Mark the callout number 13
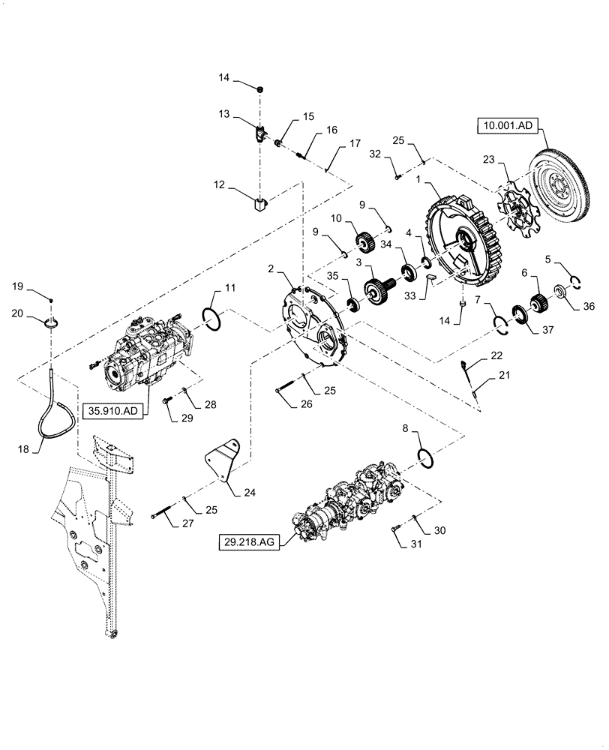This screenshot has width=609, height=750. (224, 115)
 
